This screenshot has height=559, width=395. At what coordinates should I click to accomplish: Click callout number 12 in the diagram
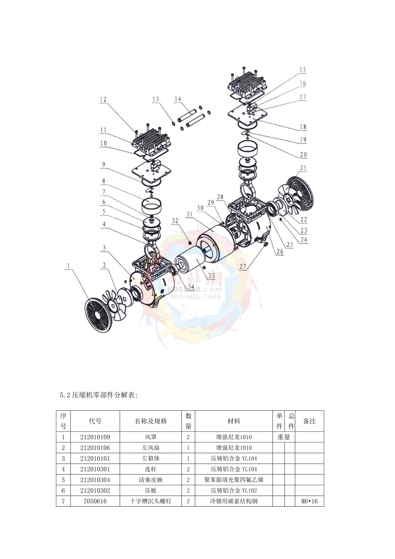(x=103, y=99)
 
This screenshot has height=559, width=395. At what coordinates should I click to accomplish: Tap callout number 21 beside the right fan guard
(x=303, y=168)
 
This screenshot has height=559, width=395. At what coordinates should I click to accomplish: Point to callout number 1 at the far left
(x=68, y=266)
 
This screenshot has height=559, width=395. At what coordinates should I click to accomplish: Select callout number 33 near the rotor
(x=211, y=276)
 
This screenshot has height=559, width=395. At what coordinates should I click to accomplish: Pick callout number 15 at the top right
(x=303, y=70)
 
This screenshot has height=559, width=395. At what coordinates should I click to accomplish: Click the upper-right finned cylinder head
(x=246, y=84)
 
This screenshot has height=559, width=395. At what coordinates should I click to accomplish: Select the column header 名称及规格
(x=150, y=421)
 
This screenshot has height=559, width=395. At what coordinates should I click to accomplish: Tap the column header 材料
(x=234, y=421)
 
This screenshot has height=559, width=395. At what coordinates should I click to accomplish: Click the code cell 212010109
(x=95, y=437)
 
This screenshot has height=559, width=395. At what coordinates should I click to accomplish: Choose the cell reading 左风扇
(x=150, y=448)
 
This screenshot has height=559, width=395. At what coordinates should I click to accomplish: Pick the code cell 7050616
(x=95, y=501)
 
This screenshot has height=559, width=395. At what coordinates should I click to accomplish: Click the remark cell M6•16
(x=309, y=501)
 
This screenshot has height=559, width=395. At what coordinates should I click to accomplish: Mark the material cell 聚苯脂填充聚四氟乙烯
(x=234, y=480)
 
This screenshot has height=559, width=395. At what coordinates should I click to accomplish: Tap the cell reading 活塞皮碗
(x=150, y=480)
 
